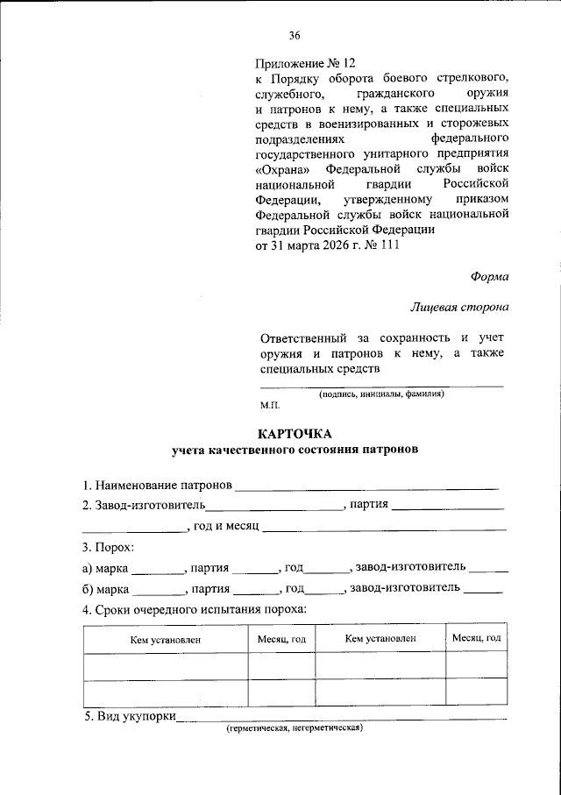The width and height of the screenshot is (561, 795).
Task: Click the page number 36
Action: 295,36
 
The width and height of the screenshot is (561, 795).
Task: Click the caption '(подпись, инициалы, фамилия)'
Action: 381,394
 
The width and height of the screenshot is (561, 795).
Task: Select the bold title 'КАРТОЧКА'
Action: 295,434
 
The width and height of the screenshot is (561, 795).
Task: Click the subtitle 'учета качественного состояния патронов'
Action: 295,451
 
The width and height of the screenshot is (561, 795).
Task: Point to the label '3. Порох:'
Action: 108,548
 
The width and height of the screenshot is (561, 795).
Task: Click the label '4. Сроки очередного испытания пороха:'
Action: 194,609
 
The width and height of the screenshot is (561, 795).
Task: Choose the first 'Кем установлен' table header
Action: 166,640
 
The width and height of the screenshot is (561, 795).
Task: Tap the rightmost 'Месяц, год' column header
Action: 476,639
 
